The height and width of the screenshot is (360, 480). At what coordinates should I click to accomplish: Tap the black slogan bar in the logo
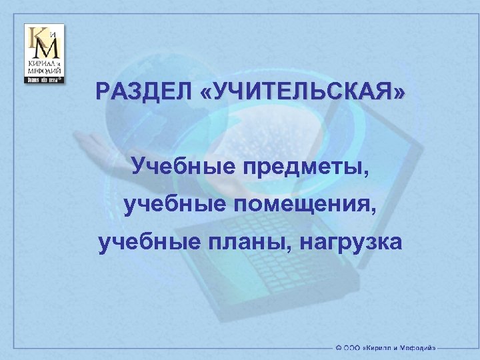tap(45, 79)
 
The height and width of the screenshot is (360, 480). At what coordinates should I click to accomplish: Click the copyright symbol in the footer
tap(340, 347)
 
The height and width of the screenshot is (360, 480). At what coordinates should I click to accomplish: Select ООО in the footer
tap(354, 347)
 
